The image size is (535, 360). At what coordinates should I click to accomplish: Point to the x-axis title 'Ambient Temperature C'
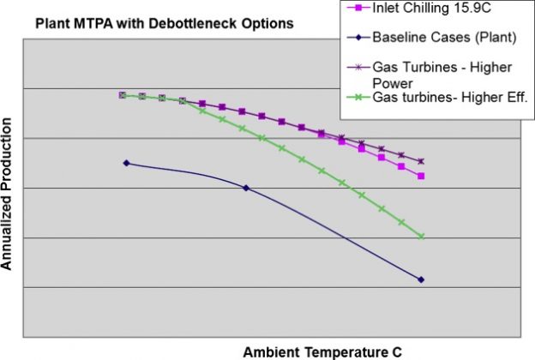coord(322,351)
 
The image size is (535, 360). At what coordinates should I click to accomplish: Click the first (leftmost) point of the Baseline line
coord(127,163)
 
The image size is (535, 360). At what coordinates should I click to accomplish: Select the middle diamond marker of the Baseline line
coord(246,188)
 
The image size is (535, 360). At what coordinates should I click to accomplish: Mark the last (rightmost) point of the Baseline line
coord(421,279)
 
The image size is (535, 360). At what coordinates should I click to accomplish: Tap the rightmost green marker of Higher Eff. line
coord(421,237)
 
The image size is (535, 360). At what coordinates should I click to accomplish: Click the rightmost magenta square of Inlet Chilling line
coord(421,176)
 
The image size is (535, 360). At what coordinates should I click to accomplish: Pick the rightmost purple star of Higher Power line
coord(421,161)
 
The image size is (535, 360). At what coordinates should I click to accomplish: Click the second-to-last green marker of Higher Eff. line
coord(401,223)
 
